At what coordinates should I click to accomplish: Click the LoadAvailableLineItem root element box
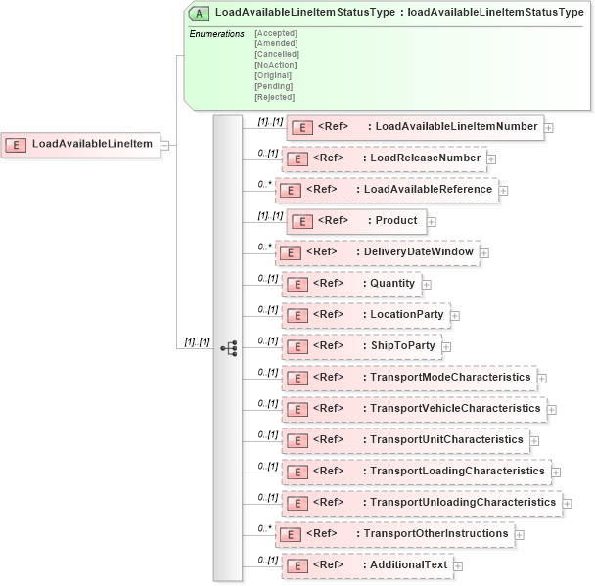pos(82,145)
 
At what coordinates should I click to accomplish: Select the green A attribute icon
pos(200,13)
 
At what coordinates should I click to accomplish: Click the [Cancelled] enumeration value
pos(276,54)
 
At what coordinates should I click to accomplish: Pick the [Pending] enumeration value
pos(273,86)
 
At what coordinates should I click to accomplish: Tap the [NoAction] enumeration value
pos(275,65)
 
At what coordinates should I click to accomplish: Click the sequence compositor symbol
pos(229,347)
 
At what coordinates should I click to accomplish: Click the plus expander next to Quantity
pos(427,285)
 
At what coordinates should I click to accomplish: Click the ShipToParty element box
pos(361,346)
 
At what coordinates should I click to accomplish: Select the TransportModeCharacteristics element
pos(408,377)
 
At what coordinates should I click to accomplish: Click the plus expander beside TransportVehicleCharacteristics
pos(552,410)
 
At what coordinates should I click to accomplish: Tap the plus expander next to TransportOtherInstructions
pos(520,535)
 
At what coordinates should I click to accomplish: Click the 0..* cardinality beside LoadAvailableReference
pos(264,184)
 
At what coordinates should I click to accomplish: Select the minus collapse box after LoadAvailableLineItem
pos(165,145)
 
